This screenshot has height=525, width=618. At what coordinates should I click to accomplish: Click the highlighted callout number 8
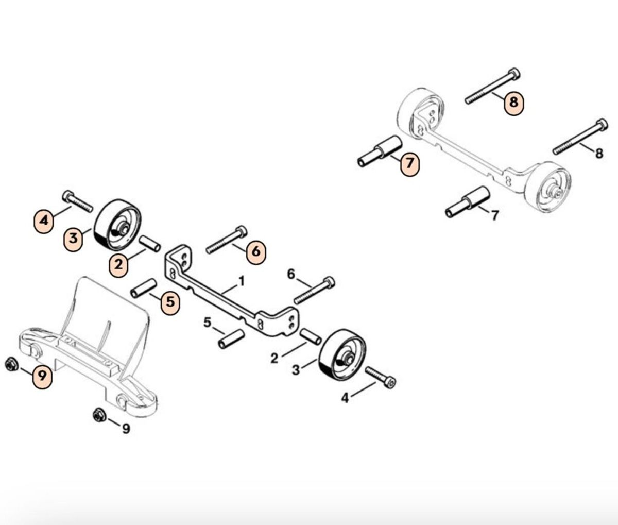click(513, 103)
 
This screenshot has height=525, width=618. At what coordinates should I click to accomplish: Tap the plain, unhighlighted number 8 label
click(599, 154)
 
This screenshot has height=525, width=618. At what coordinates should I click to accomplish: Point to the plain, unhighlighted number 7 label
click(495, 215)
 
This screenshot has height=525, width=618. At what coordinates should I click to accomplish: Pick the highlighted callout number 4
click(44, 222)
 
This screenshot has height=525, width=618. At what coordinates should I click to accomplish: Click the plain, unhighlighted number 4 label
click(346, 398)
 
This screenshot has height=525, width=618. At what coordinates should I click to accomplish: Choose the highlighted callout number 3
click(73, 239)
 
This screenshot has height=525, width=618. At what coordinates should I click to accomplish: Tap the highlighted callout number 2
click(118, 264)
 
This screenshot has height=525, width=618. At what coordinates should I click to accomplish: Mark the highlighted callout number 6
click(256, 251)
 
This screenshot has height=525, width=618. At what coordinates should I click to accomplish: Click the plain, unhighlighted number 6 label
click(291, 274)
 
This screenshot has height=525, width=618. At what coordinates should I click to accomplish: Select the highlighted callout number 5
click(170, 301)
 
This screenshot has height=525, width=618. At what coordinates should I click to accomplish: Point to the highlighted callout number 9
click(42, 376)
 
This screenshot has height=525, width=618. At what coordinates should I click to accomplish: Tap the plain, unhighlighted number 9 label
click(126, 429)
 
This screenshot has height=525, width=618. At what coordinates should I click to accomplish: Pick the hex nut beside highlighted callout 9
click(12, 365)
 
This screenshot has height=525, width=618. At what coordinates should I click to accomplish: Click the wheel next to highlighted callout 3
click(117, 225)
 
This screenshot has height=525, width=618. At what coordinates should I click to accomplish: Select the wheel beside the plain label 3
click(342, 357)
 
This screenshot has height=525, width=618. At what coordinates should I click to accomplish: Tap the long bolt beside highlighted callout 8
click(492, 86)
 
